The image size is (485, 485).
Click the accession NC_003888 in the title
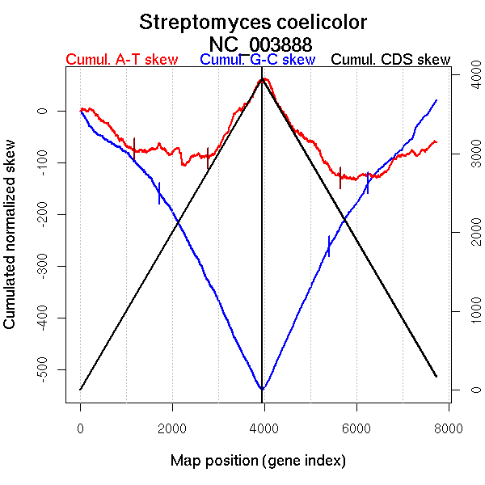[260, 43]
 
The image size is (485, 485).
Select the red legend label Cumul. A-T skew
[121, 60]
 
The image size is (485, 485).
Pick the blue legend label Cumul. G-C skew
[257, 60]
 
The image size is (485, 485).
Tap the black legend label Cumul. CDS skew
[391, 60]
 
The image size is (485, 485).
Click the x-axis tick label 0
[80, 428]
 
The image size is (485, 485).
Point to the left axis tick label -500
[43, 369]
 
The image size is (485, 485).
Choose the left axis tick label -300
[43, 266]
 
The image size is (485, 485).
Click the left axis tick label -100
[43, 162]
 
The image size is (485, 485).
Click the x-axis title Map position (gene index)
[258, 461]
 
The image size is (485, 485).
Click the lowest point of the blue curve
[262, 390]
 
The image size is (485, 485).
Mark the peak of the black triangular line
[262, 79]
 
